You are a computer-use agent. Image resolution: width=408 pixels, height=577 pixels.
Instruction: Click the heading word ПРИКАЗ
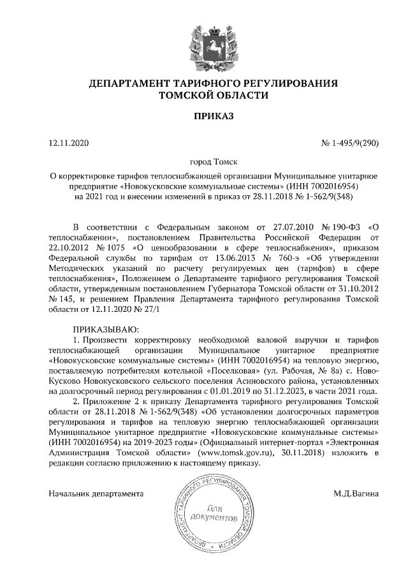204,116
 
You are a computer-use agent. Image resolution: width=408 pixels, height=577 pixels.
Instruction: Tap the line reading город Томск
204,163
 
